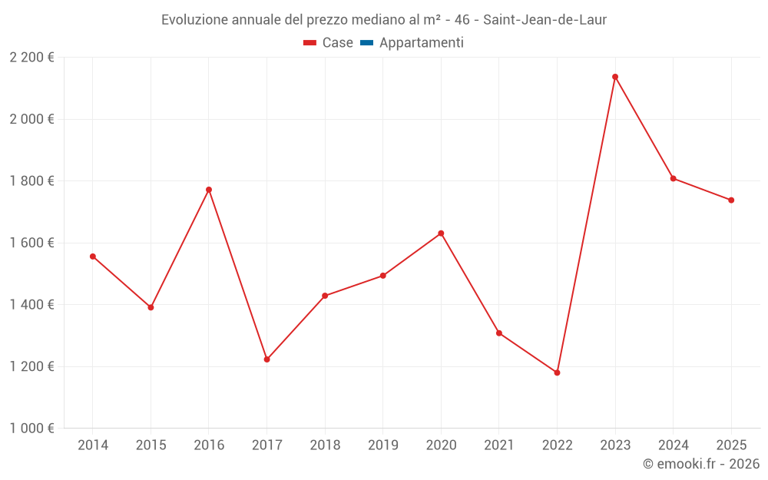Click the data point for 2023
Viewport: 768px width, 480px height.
[615, 77]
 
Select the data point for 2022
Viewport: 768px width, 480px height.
[557, 372]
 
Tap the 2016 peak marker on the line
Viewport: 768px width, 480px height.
[209, 190]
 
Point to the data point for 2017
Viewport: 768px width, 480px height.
[266, 359]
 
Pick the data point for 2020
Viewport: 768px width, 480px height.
[441, 233]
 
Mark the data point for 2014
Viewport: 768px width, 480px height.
[93, 257]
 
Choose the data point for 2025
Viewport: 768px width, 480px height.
[731, 200]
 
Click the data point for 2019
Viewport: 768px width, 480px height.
[383, 276]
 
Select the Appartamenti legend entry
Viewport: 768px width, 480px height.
[421, 43]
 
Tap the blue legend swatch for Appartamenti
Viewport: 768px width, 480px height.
[366, 43]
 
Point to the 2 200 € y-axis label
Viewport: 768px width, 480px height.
[31, 58]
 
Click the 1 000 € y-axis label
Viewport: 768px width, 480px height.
[31, 429]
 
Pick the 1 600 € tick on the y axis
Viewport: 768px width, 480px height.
[31, 243]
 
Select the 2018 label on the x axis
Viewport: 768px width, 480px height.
[325, 445]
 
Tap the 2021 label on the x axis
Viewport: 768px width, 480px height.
[499, 445]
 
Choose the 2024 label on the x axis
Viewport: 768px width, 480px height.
[674, 445]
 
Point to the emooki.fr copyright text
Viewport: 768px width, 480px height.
[701, 464]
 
